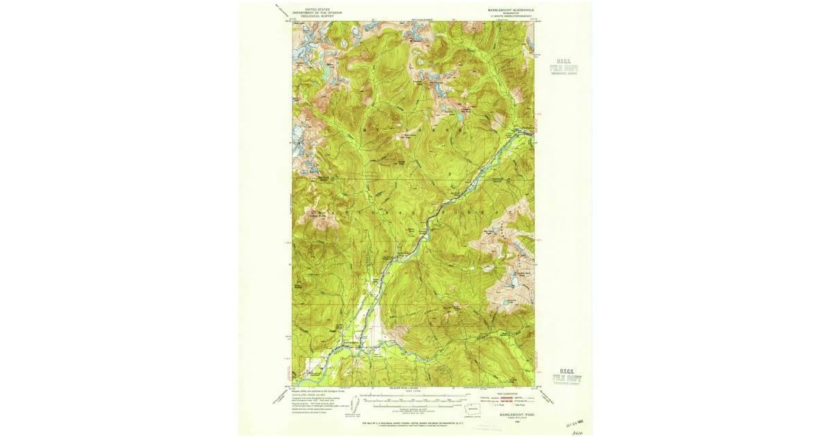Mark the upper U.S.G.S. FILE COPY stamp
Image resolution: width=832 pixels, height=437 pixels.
(564, 66)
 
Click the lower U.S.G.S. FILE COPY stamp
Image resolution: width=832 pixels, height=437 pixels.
(566, 375)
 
